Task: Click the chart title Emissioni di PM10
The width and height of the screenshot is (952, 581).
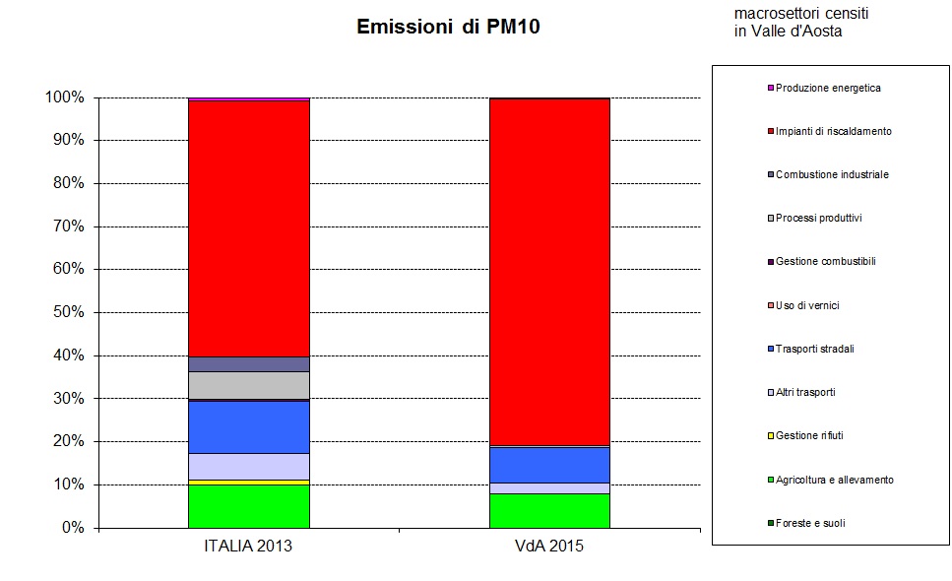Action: (x=448, y=28)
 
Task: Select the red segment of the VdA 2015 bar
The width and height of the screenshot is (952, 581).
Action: (x=549, y=272)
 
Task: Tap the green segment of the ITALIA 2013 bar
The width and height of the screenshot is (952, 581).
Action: (x=249, y=506)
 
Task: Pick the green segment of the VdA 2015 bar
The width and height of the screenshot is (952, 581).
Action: (x=549, y=511)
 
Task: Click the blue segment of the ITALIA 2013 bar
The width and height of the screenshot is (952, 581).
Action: (x=249, y=427)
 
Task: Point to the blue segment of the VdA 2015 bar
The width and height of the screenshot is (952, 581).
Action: (x=549, y=465)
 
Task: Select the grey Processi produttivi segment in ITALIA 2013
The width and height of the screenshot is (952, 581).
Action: (x=249, y=385)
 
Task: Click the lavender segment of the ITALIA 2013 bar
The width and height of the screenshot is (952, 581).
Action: (x=249, y=466)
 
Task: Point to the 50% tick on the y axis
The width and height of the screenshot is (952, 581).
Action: (x=64, y=312)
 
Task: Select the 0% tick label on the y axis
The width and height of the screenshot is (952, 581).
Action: (x=71, y=528)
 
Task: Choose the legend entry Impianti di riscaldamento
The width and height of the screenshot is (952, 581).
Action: (x=833, y=131)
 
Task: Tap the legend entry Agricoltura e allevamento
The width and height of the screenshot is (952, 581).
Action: (x=834, y=480)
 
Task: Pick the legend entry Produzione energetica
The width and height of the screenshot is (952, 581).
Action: (x=828, y=88)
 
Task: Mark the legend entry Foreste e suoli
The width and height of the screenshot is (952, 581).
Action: (x=809, y=523)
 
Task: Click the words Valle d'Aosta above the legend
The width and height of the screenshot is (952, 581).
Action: (x=796, y=32)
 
